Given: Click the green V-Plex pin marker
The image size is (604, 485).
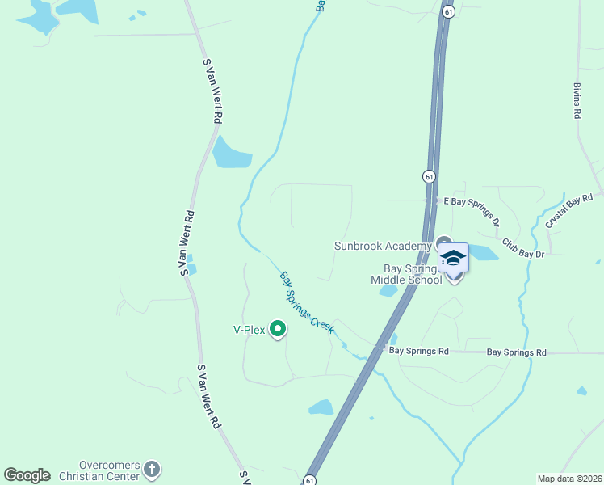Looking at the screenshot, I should click(278, 328).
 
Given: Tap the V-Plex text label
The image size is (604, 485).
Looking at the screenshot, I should click(250, 330).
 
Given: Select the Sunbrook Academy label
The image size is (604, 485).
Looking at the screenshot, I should click(383, 246).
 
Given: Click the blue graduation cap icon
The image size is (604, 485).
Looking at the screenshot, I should click(453, 258).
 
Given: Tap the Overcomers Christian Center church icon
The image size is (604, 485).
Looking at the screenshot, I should click(152, 469).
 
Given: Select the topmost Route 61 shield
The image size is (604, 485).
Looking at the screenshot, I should click(448, 11).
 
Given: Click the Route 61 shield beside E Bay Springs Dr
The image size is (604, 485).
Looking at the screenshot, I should click(428, 176).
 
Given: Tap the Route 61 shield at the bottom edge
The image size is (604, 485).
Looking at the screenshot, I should click(309, 479).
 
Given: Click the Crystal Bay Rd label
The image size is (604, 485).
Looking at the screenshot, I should click(569, 209).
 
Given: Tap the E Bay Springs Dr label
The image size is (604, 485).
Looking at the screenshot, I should click(472, 210).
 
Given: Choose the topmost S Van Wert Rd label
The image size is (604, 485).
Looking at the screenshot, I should click(212, 90).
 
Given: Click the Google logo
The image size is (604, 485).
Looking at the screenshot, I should click(27, 474).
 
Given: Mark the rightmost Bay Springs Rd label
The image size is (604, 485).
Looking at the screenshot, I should click(517, 352).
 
